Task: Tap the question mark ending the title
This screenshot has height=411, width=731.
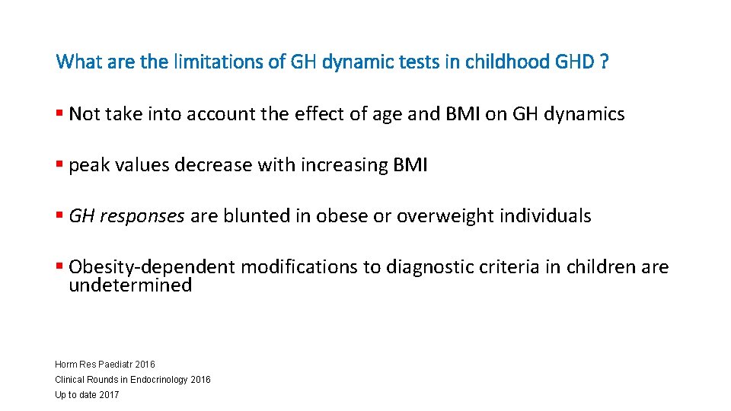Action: click(604, 61)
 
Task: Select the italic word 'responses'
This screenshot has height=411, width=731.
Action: click(146, 217)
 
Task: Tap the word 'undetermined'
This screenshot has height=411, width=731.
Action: click(130, 286)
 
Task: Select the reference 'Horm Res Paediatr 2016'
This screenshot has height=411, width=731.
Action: click(105, 365)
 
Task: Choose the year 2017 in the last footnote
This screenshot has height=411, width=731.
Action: click(109, 394)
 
